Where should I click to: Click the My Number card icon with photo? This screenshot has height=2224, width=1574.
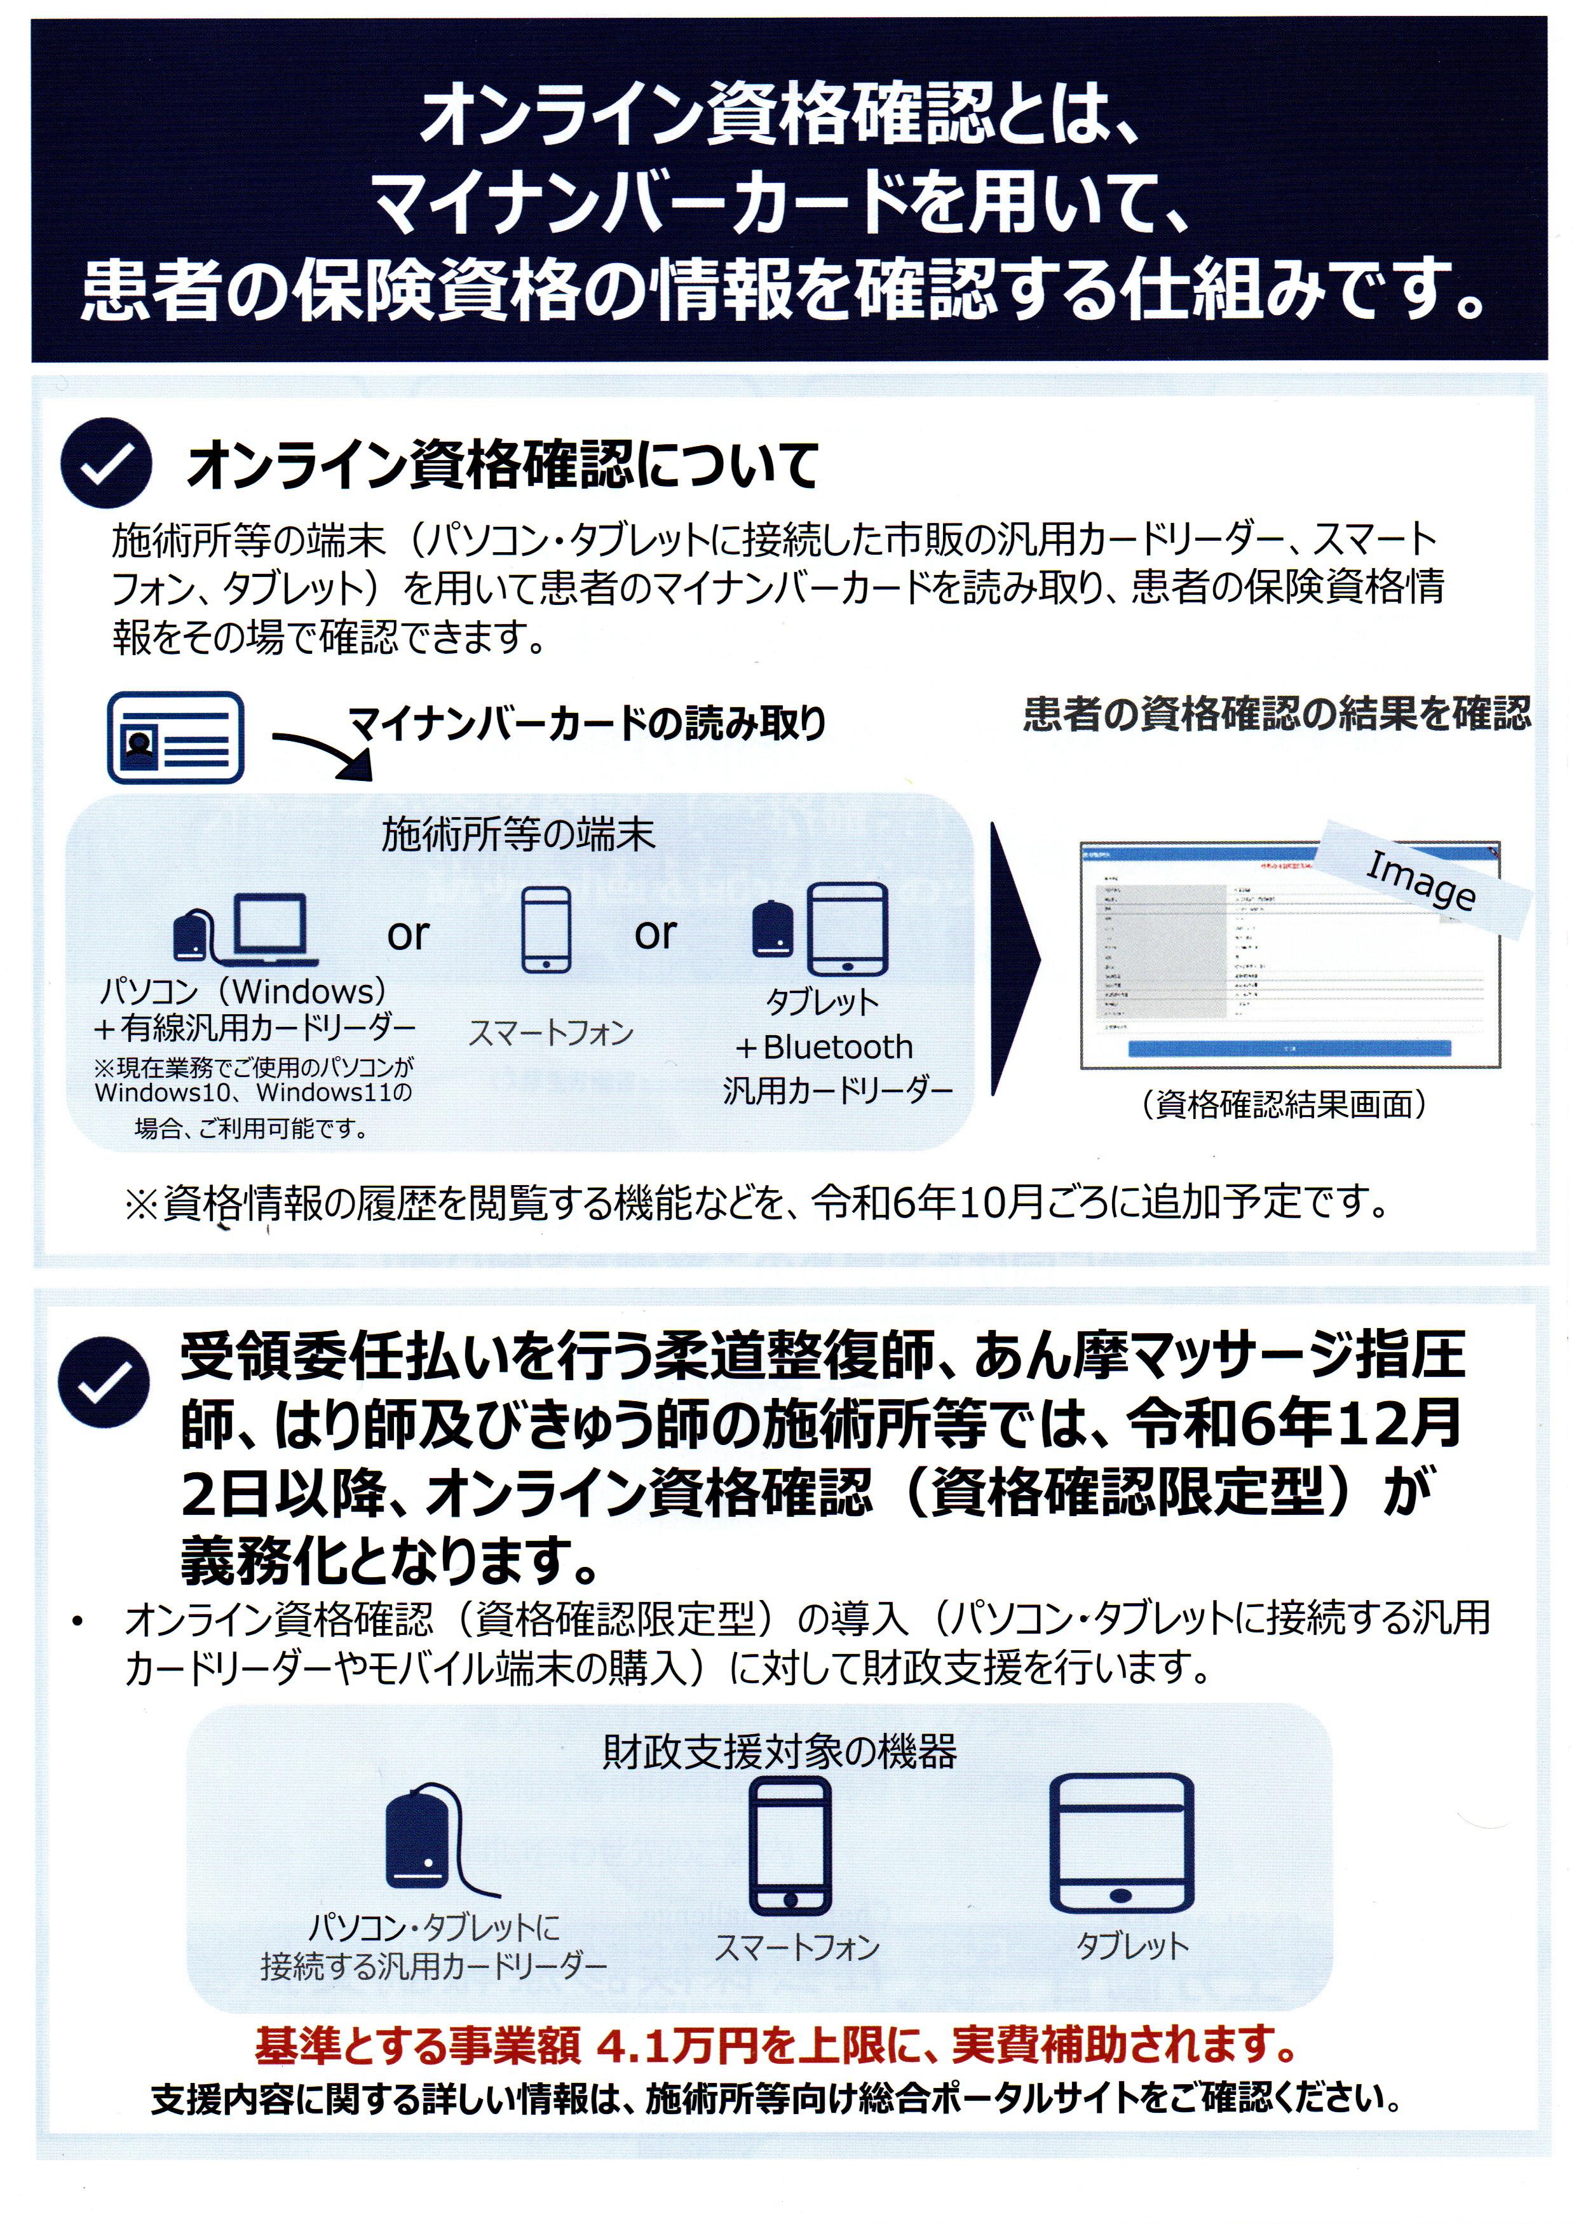click(x=175, y=738)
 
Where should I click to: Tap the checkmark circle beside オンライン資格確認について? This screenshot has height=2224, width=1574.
click(x=105, y=464)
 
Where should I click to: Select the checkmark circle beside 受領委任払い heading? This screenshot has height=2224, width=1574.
click(x=104, y=1382)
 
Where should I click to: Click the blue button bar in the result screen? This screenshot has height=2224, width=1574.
click(x=1289, y=1048)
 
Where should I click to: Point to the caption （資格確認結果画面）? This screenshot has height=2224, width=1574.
click(x=1284, y=1104)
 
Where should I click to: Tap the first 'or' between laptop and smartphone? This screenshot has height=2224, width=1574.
click(x=408, y=934)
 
